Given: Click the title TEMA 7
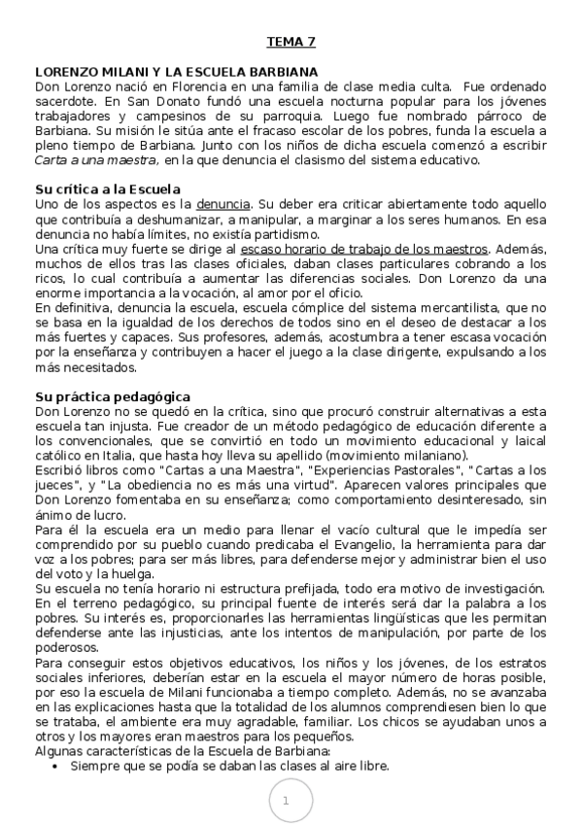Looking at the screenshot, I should point(291,42).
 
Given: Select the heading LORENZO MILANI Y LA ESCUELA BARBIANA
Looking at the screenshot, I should point(177,72).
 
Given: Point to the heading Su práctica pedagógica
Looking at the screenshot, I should point(113,396).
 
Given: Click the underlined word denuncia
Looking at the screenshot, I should point(223,204).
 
